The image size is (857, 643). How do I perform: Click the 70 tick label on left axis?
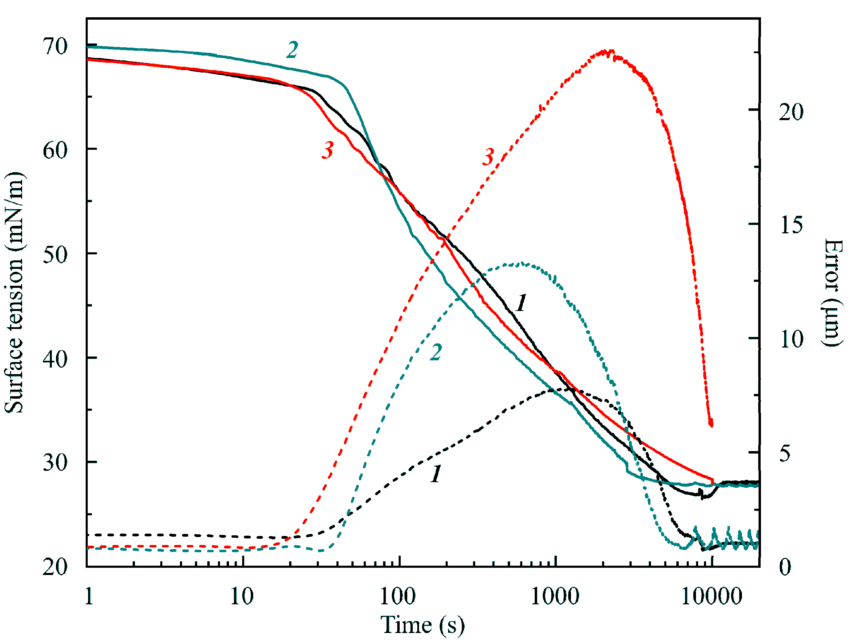pos(55,47)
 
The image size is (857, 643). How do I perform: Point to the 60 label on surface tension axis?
pos(55,150)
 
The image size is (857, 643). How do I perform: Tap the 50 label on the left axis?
pos(55,255)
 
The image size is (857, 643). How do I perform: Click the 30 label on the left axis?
pos(55,462)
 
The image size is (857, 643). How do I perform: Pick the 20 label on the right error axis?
pos(791,112)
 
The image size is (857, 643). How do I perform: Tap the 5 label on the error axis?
pos(785,453)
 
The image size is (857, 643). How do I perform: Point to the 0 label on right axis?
pos(785,567)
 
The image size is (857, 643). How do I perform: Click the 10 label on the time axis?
pos(242,596)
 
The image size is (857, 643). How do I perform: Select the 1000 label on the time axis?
pos(554,596)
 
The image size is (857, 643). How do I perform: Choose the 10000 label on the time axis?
pos(711,596)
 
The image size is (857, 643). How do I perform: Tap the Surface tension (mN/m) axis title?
pos(15,293)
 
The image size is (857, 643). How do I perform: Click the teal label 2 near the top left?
pos(293,50)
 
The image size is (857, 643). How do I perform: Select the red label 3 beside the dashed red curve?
pos(488,157)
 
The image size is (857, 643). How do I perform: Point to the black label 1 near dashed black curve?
pos(436,473)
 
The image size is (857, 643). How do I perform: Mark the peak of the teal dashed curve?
pos(519,264)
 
